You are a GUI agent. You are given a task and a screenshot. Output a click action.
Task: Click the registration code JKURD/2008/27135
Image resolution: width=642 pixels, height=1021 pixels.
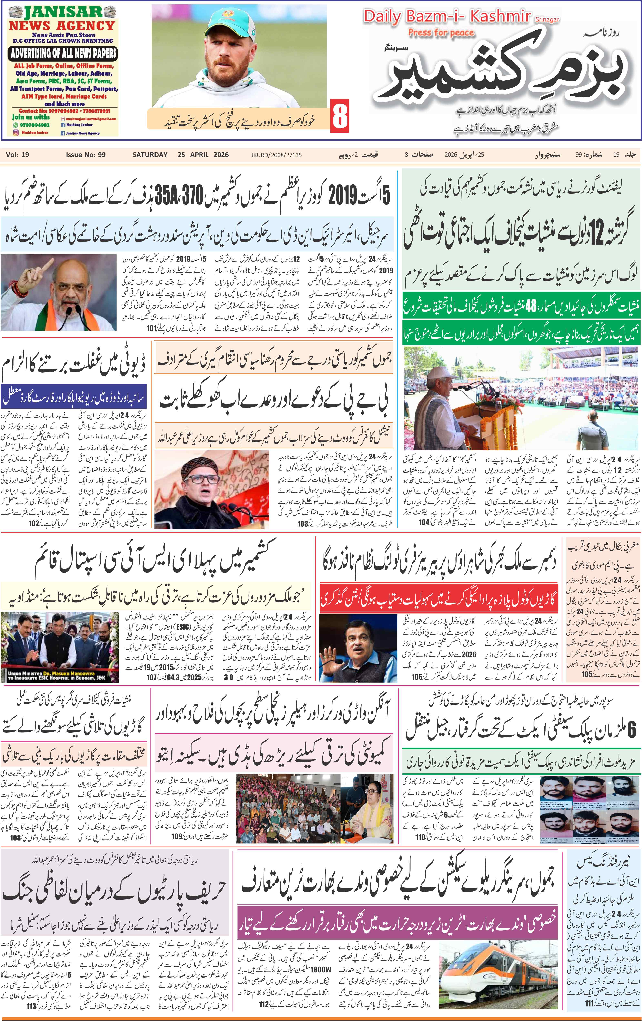276,155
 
